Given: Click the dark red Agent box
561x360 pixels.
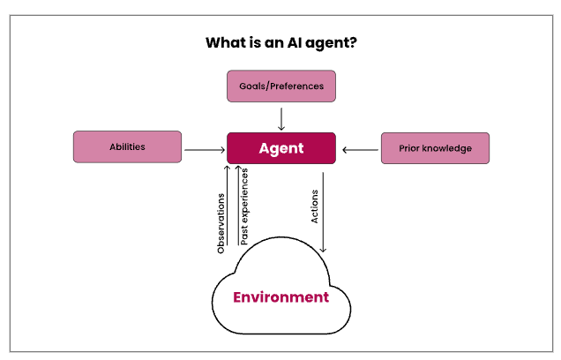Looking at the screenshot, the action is tap(281, 148).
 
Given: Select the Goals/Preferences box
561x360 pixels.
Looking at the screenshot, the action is tap(281, 86).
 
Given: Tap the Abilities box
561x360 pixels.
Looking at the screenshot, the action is tap(127, 146).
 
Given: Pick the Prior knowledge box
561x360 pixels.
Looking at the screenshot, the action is tap(435, 148).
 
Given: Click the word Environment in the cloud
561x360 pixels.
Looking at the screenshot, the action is tap(280, 297).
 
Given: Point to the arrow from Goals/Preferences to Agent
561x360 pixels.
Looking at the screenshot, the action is tap(281, 119).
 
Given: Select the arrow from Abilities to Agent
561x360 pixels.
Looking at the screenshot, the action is tap(205, 150).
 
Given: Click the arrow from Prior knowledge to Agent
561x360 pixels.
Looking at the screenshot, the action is tap(360, 150).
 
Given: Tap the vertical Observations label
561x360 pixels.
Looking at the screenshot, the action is tap(221, 223).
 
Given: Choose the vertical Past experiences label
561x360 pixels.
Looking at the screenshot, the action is tap(244, 206).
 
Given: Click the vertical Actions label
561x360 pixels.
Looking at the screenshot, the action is tap(314, 206).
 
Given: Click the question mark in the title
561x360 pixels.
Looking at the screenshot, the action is tap(353, 42).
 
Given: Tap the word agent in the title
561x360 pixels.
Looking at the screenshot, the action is tap(326, 43).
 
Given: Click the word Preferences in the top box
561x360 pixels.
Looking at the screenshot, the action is tap(296, 86).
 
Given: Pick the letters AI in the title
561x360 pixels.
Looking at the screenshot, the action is tap(295, 42).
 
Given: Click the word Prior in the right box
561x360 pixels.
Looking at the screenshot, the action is tap(409, 148).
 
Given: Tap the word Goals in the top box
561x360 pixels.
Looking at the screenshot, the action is tap(252, 86).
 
